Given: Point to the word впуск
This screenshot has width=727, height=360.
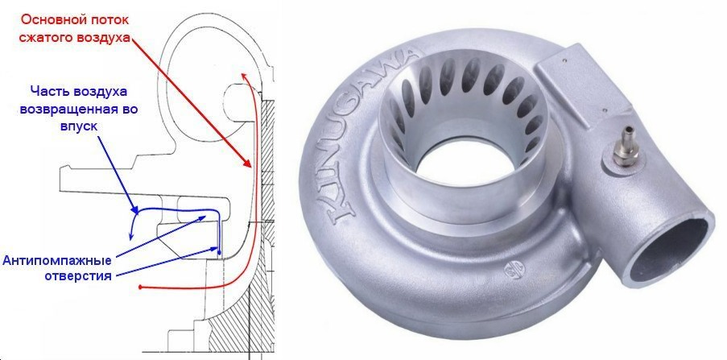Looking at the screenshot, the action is [79, 126].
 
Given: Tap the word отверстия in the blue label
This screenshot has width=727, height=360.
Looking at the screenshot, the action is [78, 275].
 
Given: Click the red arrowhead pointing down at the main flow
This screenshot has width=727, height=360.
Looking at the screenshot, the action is [248, 163].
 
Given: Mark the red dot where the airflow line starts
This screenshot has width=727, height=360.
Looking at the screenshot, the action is [140, 288].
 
